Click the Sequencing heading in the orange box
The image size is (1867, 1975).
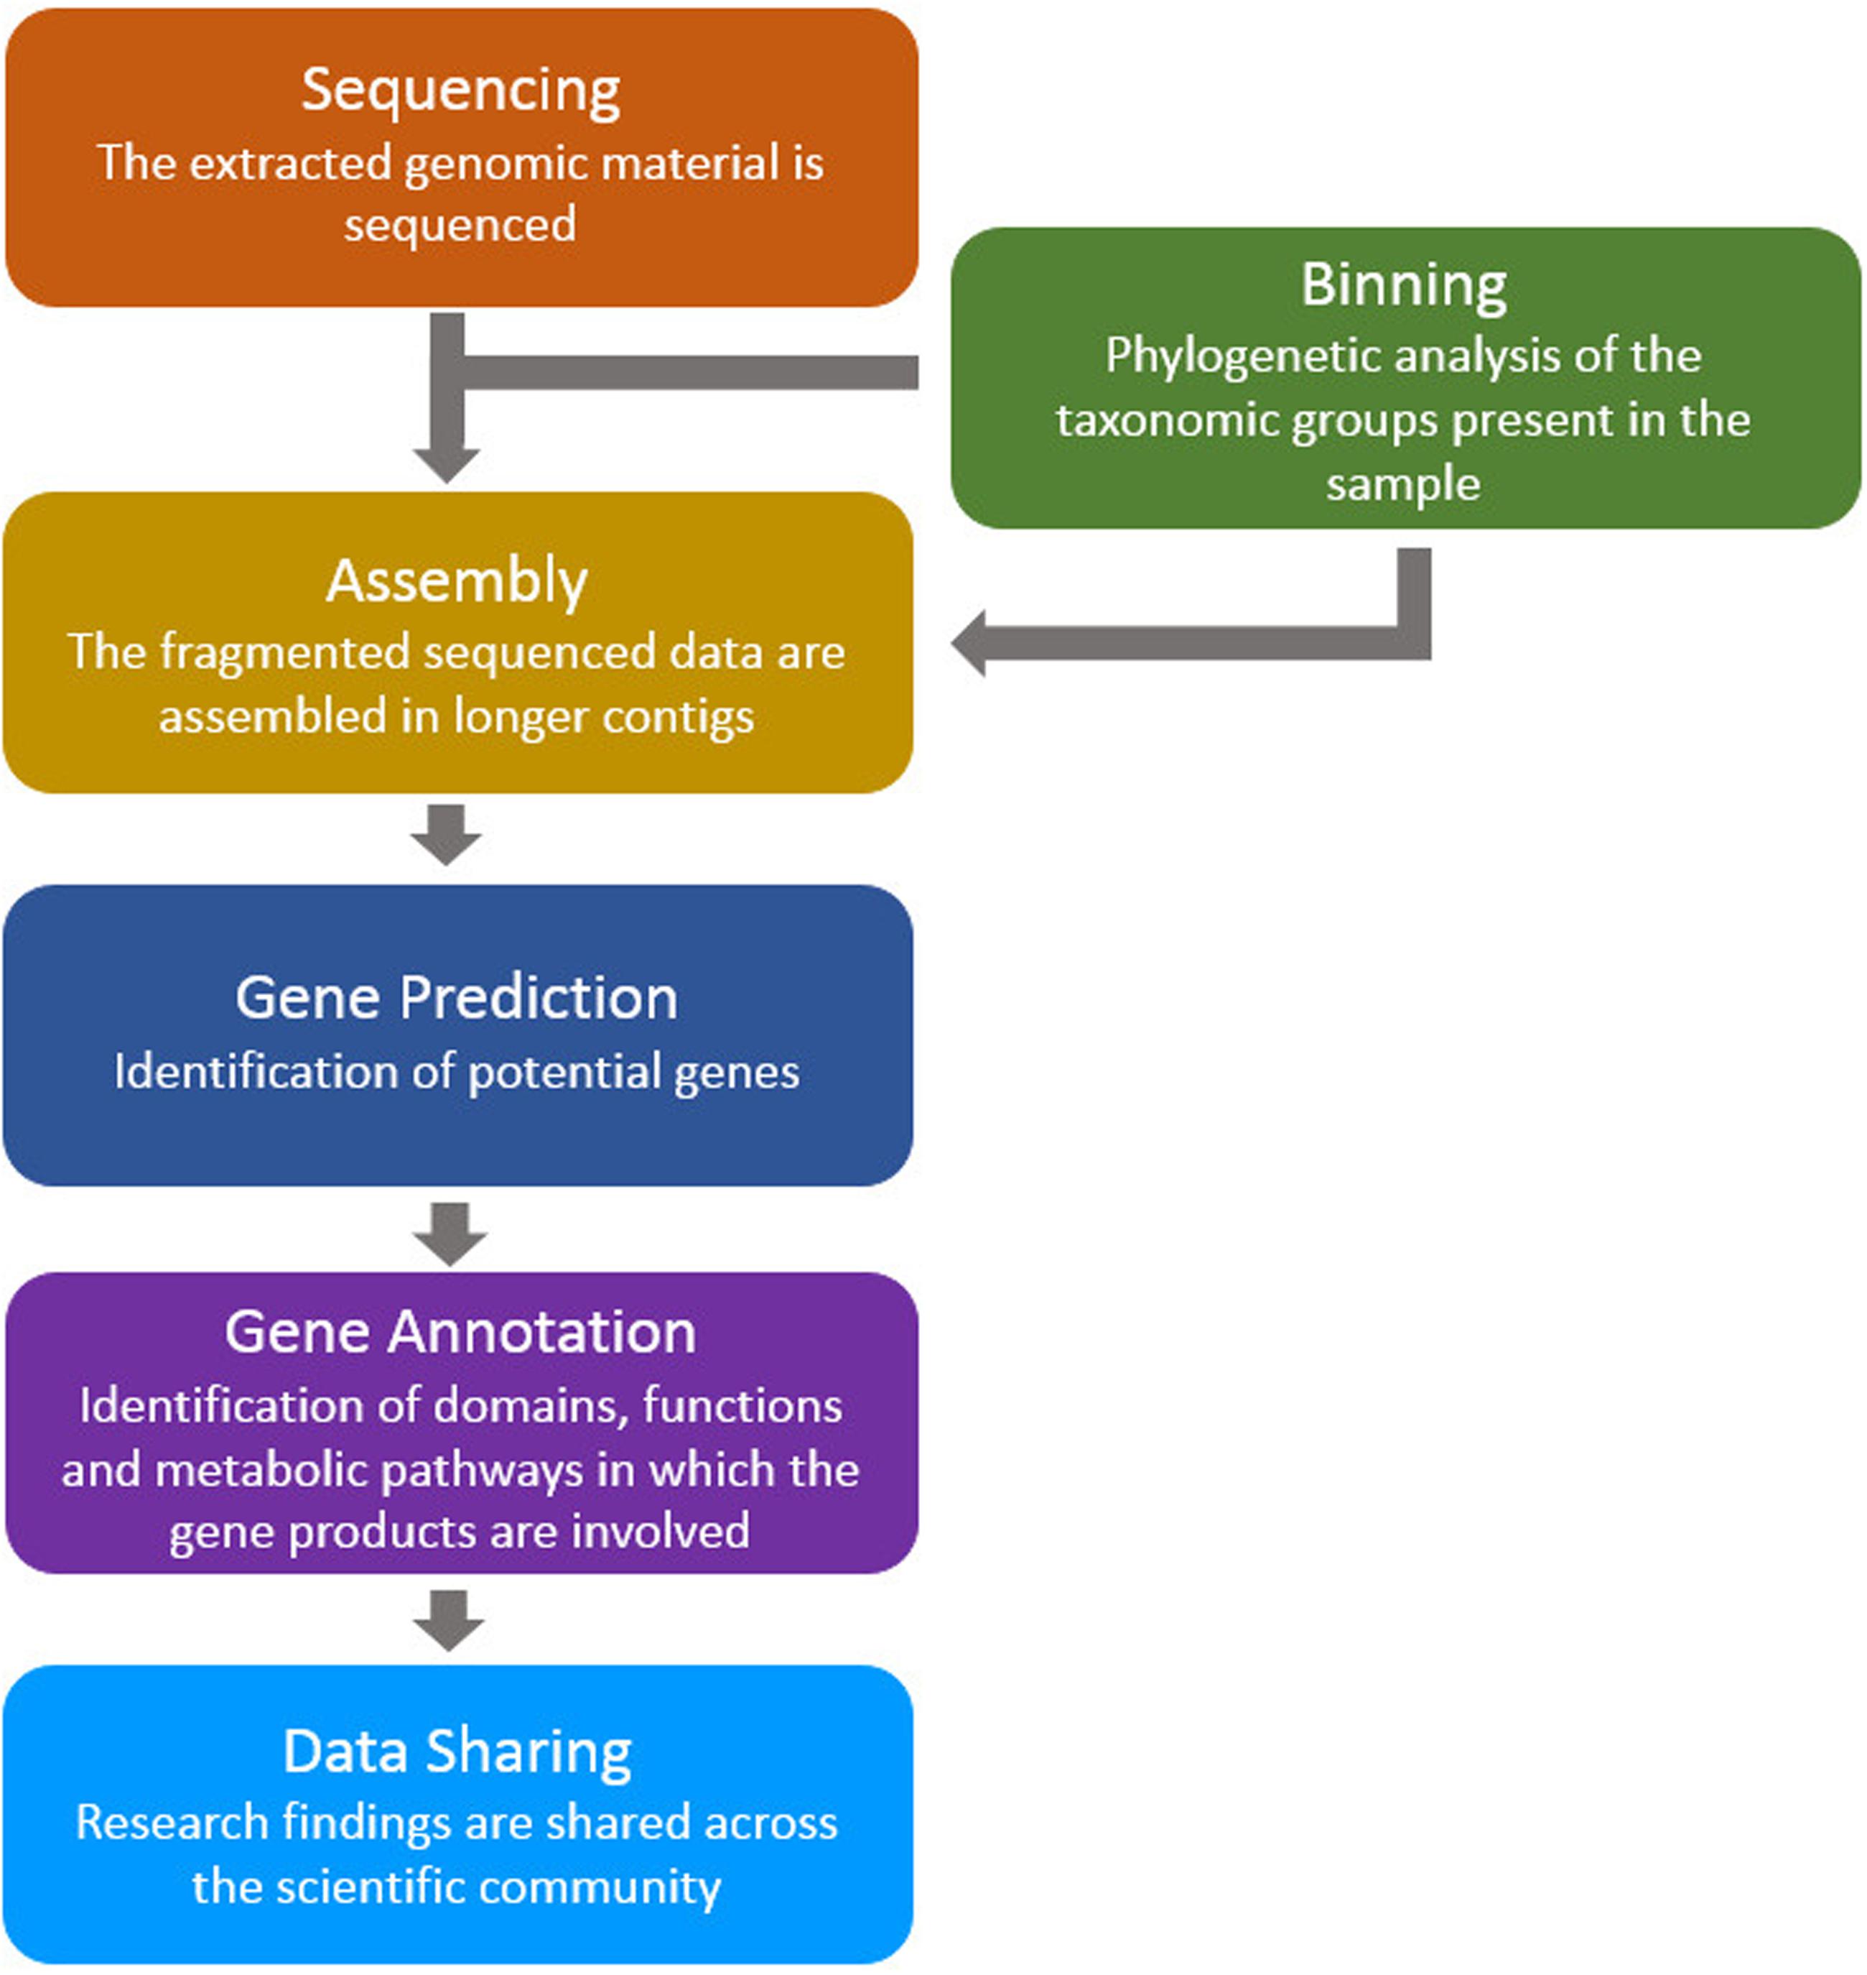tap(461, 91)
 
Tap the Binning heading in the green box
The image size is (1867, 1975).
tap(1403, 286)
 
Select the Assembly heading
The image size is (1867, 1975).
tap(457, 581)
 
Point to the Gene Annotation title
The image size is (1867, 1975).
tap(460, 1332)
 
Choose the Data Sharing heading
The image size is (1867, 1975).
tap(457, 1751)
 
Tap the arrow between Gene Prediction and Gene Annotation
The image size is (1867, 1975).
tap(450, 1234)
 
